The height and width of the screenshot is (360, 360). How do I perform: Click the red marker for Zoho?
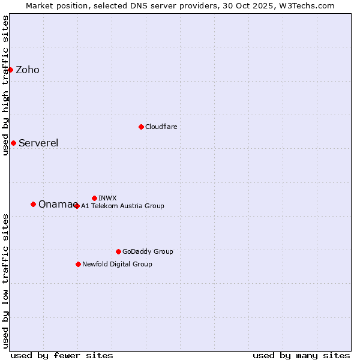(x=10, y=70)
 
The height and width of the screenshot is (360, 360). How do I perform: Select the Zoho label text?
(x=28, y=70)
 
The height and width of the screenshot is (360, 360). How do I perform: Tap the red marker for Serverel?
(x=13, y=143)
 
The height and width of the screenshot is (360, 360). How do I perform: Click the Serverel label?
(x=38, y=143)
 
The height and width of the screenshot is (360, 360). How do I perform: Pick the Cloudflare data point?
(x=141, y=127)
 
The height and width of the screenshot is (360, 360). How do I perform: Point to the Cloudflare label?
(x=161, y=127)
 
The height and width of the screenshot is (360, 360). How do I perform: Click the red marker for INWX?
(x=94, y=198)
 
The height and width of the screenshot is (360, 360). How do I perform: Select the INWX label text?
(x=108, y=198)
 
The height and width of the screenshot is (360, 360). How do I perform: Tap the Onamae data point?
(x=33, y=204)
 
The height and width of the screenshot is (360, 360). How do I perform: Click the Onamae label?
(x=56, y=205)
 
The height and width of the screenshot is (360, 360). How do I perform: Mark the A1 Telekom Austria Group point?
(x=77, y=206)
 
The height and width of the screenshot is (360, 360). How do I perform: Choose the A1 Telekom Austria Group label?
(x=122, y=206)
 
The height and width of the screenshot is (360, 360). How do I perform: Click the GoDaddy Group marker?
(x=118, y=251)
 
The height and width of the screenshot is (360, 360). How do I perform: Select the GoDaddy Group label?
(x=148, y=251)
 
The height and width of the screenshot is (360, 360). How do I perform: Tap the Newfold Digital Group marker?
(x=78, y=264)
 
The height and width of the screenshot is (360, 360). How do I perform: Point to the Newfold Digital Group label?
(x=117, y=264)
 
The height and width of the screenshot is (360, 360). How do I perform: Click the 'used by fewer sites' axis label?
(x=62, y=355)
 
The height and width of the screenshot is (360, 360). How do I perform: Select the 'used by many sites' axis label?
(x=301, y=355)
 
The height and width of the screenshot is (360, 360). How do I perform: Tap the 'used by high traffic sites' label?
(x=6, y=85)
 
